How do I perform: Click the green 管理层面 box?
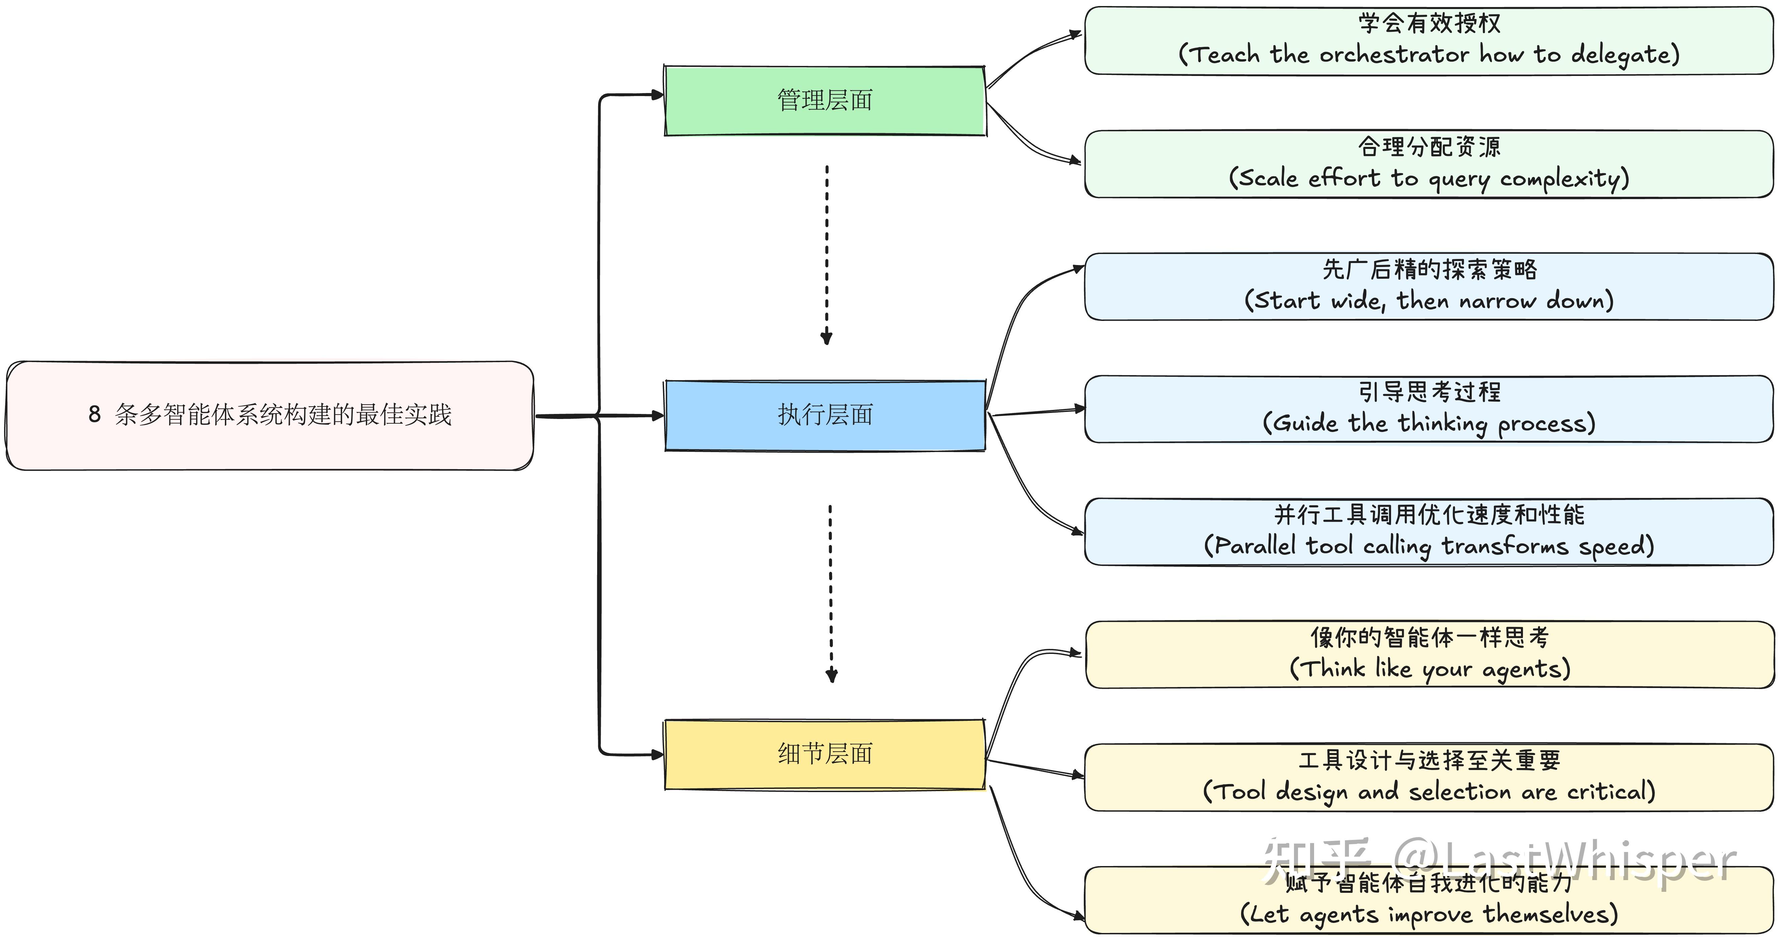(825, 101)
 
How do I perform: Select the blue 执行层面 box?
(825, 415)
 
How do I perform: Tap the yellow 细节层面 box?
(825, 754)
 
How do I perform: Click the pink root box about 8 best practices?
(270, 415)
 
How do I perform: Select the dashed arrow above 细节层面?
(831, 593)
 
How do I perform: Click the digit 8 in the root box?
(95, 415)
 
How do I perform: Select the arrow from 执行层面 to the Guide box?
(1037, 412)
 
